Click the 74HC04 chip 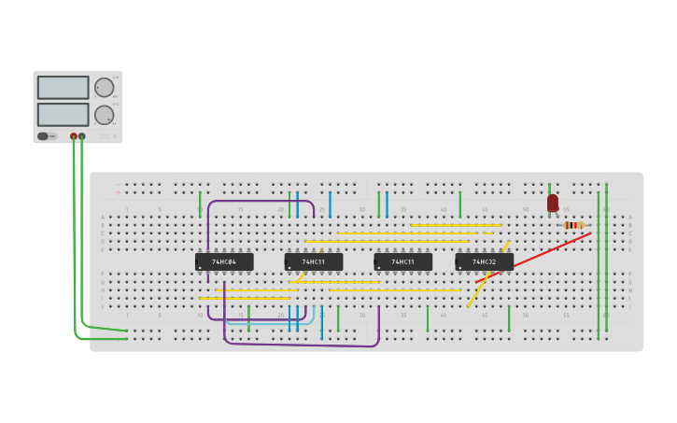coord(224,262)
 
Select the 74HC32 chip coord(485,262)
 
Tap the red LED coord(553,203)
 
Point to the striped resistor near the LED coord(573,225)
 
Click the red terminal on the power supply coord(74,136)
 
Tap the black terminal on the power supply coord(82,136)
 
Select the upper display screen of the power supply coord(63,88)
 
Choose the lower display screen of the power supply coord(63,115)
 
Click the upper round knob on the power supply coord(104,88)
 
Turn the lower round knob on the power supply coord(104,115)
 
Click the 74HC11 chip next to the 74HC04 coord(314,262)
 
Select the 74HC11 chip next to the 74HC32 coord(402,262)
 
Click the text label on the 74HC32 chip coord(485,262)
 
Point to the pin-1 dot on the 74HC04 coord(200,268)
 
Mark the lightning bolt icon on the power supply coord(115,136)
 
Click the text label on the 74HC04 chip coord(224,262)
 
